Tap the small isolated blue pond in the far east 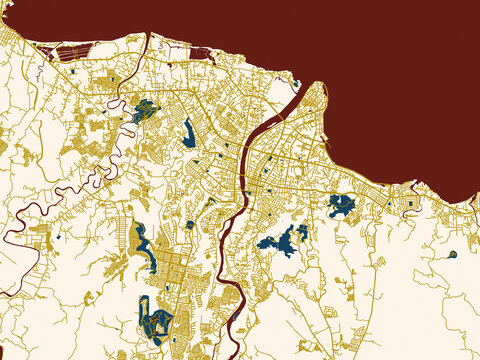(x=452, y=254)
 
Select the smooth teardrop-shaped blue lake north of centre (x=189, y=134)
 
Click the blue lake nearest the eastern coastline (x=341, y=206)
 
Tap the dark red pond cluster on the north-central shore (x=199, y=53)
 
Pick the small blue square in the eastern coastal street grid (x=409, y=203)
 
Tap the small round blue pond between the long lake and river (x=189, y=225)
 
